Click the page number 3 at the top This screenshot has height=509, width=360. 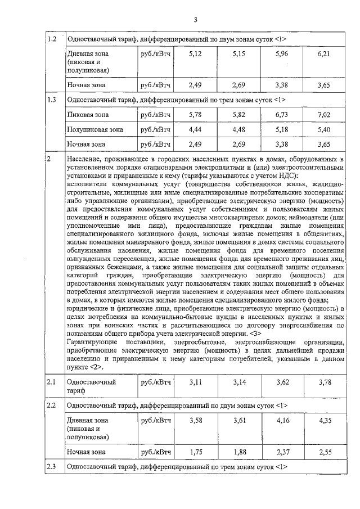[x=195, y=20]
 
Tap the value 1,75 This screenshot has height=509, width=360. [x=195, y=451]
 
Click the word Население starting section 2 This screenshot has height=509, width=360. [x=84, y=159]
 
